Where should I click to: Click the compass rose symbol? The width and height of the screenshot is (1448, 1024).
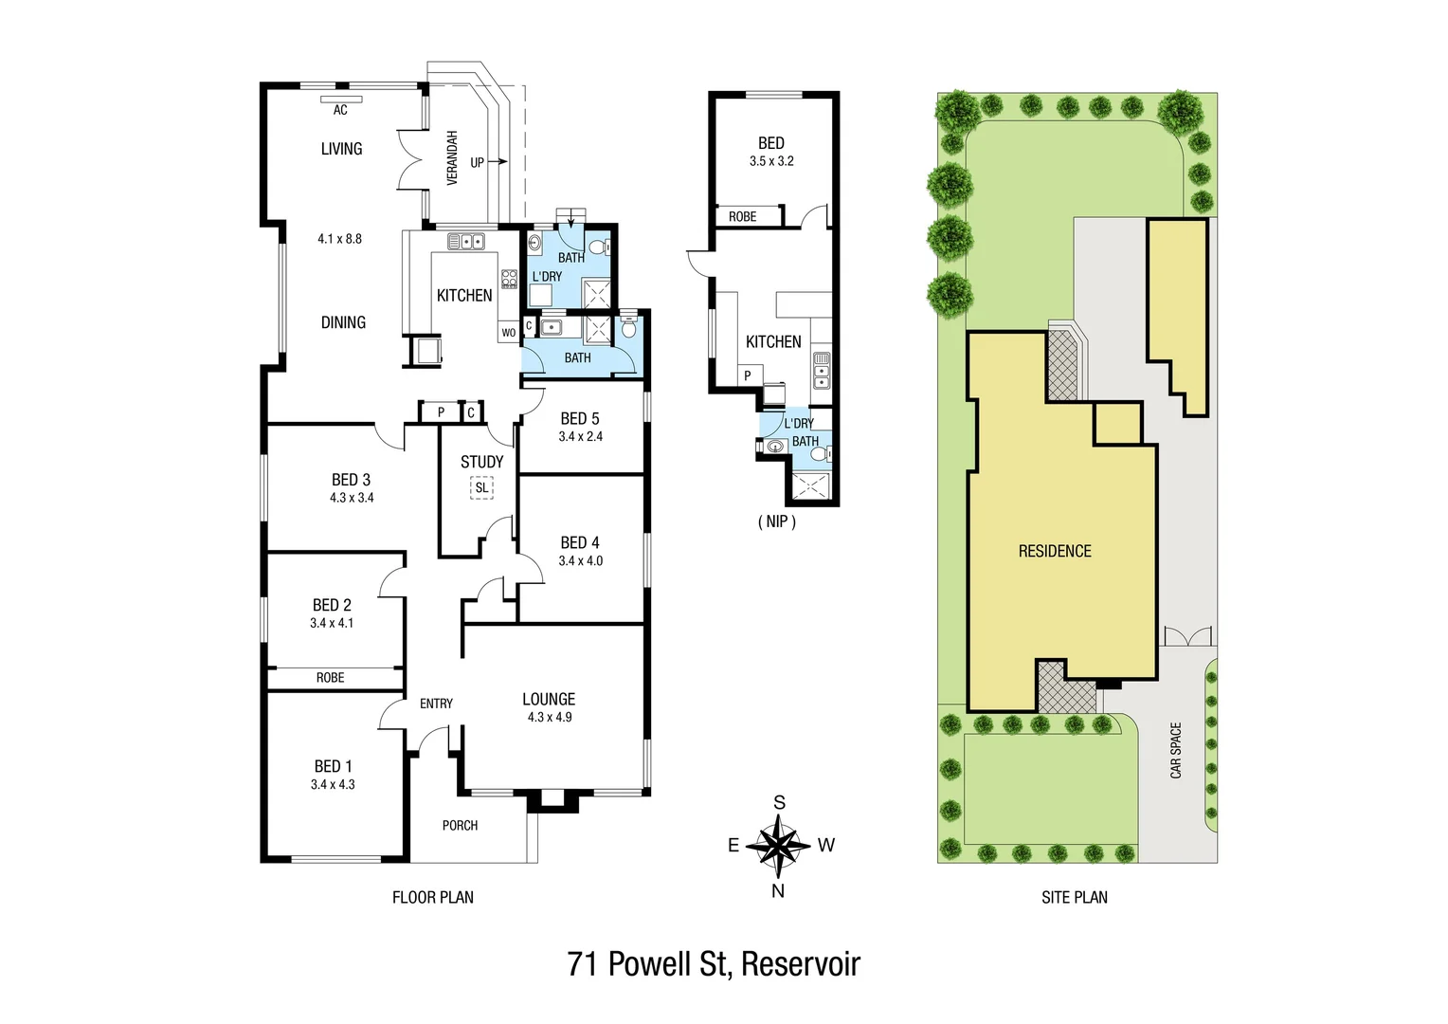778,844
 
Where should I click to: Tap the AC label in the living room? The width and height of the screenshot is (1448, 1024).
340,110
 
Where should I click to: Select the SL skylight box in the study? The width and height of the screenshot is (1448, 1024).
481,488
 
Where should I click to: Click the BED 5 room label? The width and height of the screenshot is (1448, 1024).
580,418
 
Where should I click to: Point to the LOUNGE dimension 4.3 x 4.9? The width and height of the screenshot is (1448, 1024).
550,718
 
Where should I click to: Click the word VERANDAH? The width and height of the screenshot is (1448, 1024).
452,157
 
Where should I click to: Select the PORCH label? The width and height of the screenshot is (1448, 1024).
460,826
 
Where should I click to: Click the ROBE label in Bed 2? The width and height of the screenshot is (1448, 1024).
330,678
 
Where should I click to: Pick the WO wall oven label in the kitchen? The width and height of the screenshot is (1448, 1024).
509,333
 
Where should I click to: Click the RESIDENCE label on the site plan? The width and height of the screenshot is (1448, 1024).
1055,551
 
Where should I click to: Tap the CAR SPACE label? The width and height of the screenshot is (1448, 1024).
1176,751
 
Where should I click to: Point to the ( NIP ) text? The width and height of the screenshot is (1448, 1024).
776,521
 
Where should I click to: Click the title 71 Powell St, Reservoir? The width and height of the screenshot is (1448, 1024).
714,964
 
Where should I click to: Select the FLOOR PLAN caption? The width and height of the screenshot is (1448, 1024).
433,897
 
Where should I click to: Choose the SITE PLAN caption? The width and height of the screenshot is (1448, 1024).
1074,897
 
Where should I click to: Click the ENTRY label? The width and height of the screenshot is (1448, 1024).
436,704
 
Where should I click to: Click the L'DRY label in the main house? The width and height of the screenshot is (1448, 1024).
547,277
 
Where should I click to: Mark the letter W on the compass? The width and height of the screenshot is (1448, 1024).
826,845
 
